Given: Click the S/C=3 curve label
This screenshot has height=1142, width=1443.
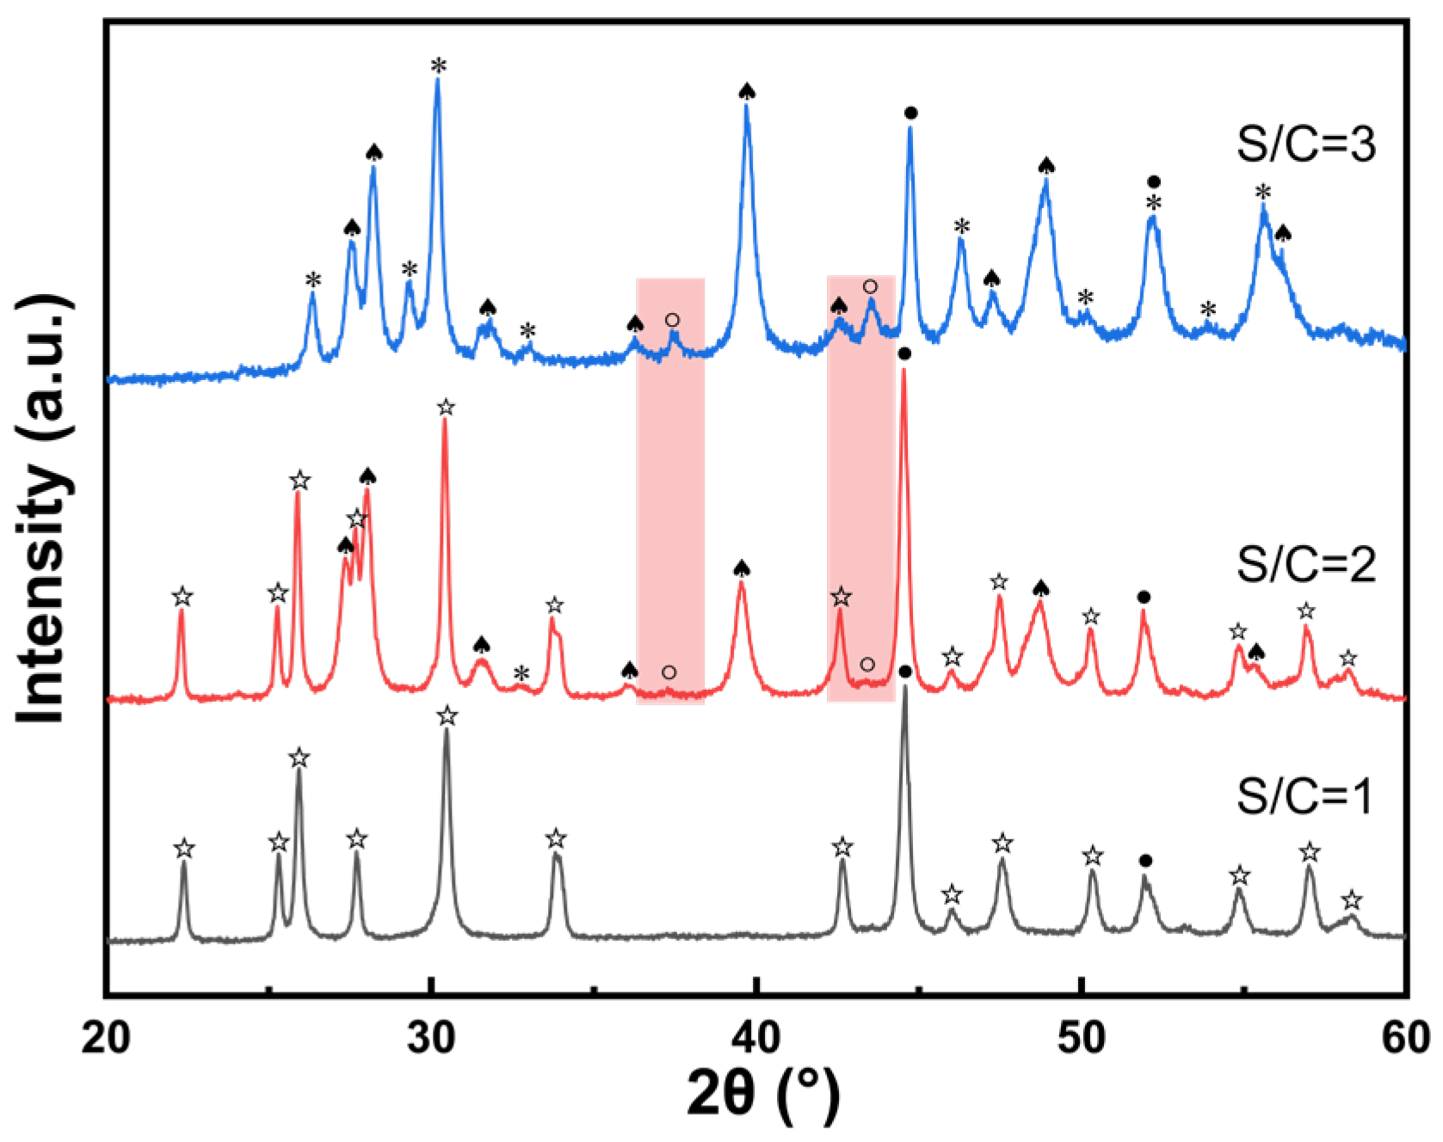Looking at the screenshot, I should [x=1305, y=144].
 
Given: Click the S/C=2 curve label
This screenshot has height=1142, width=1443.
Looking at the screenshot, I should [x=1305, y=565].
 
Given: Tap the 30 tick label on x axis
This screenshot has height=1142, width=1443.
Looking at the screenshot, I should [x=431, y=1038].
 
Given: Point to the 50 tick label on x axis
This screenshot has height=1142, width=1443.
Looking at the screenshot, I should [x=1081, y=1038].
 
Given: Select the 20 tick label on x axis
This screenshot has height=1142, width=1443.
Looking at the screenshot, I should [x=106, y=1038].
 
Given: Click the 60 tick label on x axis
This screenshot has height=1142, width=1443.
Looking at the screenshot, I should [x=1405, y=1038].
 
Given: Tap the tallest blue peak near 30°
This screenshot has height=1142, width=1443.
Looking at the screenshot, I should [x=438, y=80].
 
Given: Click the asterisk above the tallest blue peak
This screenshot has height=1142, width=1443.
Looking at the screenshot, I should [x=439, y=65].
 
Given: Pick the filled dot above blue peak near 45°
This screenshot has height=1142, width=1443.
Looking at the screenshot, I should [x=911, y=113].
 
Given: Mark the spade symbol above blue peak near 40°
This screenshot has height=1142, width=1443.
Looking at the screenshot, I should [x=747, y=92].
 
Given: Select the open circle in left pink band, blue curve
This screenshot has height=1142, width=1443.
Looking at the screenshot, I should [x=672, y=320].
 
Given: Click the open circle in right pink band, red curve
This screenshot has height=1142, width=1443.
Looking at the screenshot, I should [x=867, y=664].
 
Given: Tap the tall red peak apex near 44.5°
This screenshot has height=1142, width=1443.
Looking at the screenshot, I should [x=903, y=370].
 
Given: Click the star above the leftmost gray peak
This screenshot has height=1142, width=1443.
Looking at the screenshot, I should [x=183, y=849].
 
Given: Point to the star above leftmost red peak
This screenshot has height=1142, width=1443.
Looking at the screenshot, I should [x=182, y=596].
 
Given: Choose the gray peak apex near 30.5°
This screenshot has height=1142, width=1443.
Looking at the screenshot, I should [x=446, y=729].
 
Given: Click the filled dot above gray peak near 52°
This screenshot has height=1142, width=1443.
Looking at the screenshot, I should [x=1145, y=860].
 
